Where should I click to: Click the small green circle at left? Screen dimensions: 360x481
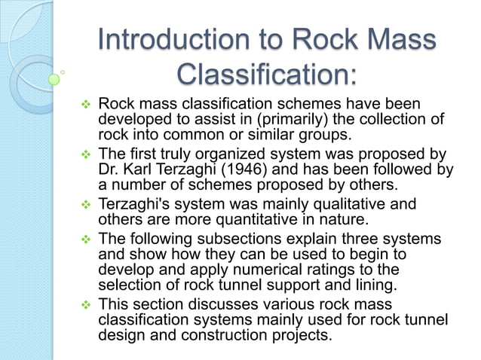54,78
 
